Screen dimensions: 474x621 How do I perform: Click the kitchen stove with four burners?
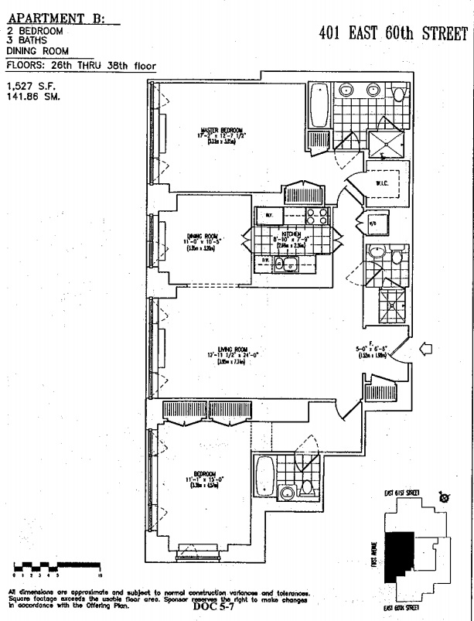click(x=317, y=216)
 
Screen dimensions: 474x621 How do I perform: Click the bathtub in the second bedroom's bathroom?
click(x=265, y=472)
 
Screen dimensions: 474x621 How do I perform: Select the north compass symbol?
click(x=444, y=496)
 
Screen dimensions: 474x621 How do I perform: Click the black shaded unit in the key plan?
click(x=402, y=555)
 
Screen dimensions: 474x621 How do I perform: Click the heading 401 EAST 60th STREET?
click(x=394, y=34)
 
